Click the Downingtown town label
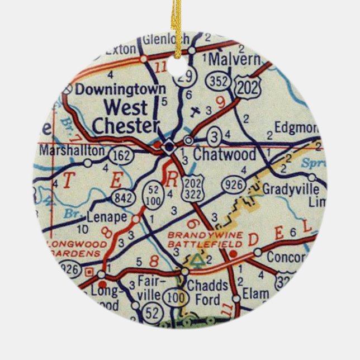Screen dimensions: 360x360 click(x=120, y=89)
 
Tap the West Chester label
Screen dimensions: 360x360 click(x=126, y=116)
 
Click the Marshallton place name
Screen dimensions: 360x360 click(x=72, y=150)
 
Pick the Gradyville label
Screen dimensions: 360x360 click(x=294, y=187)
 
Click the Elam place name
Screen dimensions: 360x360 click(x=256, y=293)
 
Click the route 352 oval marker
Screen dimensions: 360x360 click(x=216, y=81)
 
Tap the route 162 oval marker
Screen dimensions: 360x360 click(x=121, y=153)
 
